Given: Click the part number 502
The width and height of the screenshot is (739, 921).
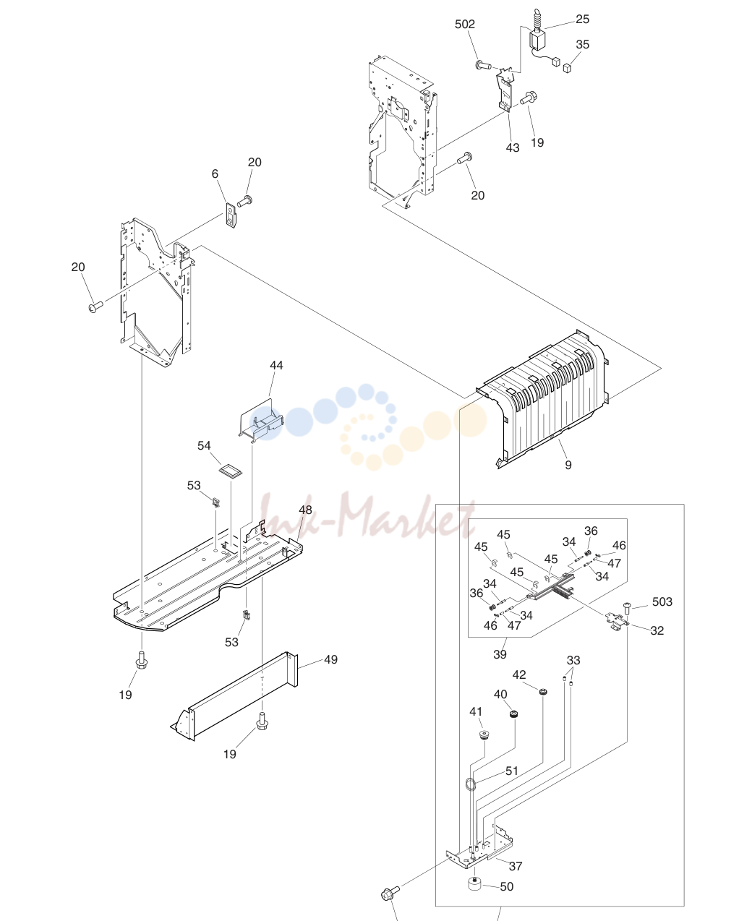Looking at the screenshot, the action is pyautogui.click(x=464, y=25).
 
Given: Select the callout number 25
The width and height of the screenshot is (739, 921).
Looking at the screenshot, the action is pyautogui.click(x=582, y=20).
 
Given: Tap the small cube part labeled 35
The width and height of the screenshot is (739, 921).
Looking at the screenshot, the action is pyautogui.click(x=568, y=69).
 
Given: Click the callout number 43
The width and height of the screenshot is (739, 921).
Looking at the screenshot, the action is pyautogui.click(x=513, y=147).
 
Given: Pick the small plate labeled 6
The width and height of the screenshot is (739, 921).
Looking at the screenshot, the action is pyautogui.click(x=231, y=215).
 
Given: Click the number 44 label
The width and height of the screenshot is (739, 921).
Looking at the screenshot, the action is pyautogui.click(x=276, y=366).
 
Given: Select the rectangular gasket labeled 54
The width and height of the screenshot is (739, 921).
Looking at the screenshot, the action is pyautogui.click(x=231, y=471).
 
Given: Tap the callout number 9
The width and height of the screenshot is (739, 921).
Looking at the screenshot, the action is pyautogui.click(x=568, y=465).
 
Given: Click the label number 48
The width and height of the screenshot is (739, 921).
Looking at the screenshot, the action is pyautogui.click(x=305, y=510).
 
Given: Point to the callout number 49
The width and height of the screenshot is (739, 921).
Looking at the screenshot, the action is pyautogui.click(x=330, y=659).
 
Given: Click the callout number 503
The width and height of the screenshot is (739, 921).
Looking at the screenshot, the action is pyautogui.click(x=662, y=601).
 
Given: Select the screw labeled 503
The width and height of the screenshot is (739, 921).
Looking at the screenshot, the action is pyautogui.click(x=627, y=608).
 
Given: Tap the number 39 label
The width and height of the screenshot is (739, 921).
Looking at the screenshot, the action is pyautogui.click(x=500, y=654).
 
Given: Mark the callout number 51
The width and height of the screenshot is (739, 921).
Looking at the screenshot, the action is pyautogui.click(x=512, y=771).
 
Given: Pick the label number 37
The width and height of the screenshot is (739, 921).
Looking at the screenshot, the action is pyautogui.click(x=516, y=866).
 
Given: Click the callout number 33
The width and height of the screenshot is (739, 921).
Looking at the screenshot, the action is pyautogui.click(x=573, y=660).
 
